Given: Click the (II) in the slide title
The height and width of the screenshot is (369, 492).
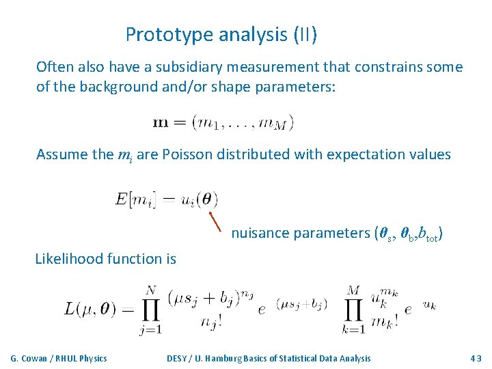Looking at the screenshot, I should point(305,34).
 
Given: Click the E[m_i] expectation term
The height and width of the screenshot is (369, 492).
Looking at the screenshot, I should point(136,200).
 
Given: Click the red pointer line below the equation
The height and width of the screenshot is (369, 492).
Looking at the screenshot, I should point(215,221).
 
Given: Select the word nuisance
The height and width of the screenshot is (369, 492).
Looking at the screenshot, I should point(260,233).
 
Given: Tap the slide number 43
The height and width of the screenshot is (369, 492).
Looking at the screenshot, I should point(476,358).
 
